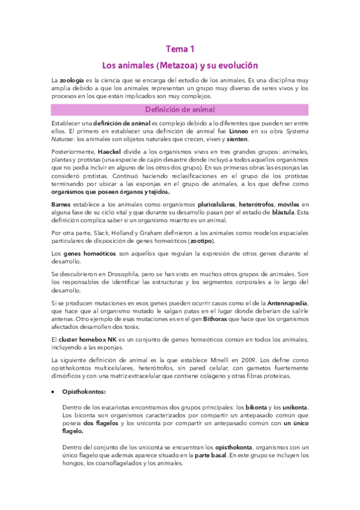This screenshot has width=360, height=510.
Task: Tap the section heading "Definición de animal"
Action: [x=179, y=109]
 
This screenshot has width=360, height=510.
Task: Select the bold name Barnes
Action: [x=63, y=204]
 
